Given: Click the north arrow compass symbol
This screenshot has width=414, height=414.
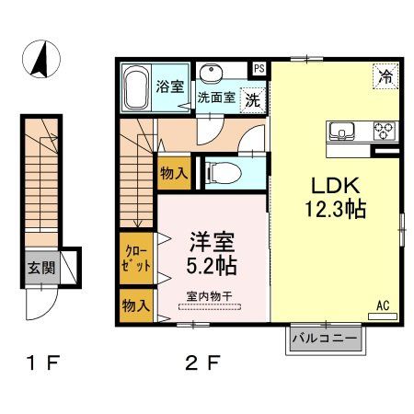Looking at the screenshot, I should click(40, 61).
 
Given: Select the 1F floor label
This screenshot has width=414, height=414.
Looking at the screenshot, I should click(40, 362).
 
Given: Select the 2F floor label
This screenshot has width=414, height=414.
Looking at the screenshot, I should click(203, 362).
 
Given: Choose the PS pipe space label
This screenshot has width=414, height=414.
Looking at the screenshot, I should click(259, 68).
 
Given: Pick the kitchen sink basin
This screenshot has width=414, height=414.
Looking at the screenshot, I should click(342, 130).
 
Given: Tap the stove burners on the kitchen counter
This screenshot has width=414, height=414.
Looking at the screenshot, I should click(382, 130).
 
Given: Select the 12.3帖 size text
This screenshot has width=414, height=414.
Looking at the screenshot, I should click(337, 209).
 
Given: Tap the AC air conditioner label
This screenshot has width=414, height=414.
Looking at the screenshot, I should click(382, 303).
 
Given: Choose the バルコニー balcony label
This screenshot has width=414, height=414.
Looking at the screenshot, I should click(322, 339).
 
